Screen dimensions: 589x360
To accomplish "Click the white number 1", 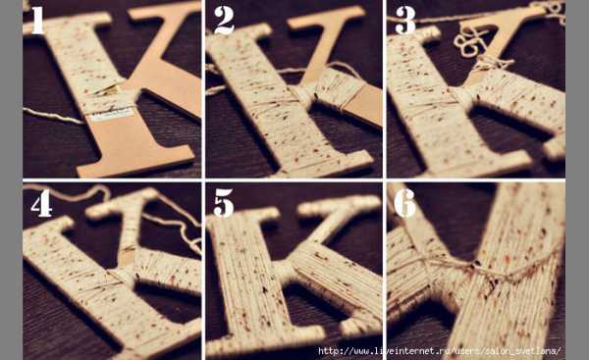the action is click(37, 21).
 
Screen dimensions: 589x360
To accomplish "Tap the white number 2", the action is click(224, 21).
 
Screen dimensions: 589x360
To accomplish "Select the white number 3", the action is click(405, 21).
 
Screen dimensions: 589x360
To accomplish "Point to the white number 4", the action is click(41, 203).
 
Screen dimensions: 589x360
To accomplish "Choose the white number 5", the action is click(224, 203).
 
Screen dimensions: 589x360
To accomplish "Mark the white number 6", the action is click(404, 203).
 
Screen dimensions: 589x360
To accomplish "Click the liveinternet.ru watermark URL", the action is click(440, 351).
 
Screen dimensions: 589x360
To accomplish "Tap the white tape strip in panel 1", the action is click(110, 114).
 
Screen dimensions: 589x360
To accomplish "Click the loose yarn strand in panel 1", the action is click(53, 115).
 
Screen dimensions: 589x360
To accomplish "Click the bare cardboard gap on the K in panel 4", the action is click(126, 256).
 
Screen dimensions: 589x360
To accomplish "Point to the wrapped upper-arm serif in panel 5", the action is click(340, 205).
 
